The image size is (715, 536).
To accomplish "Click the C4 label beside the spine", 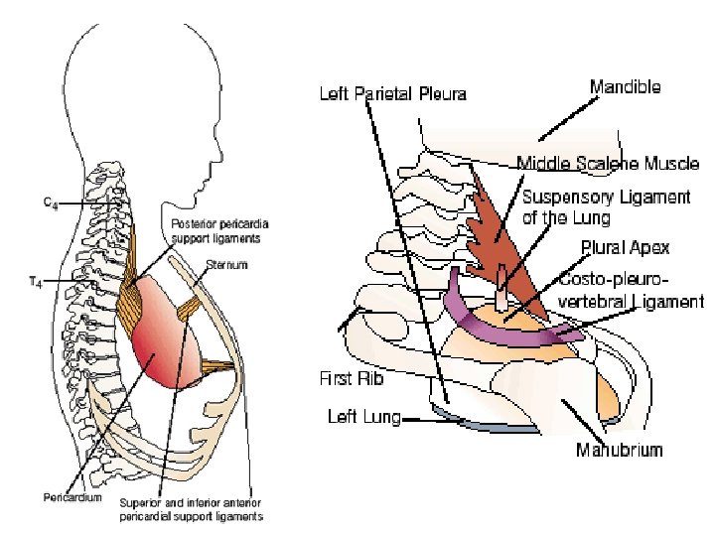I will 49,202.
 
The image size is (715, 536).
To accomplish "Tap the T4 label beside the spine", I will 35,281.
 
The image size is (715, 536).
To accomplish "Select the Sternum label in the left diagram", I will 227,266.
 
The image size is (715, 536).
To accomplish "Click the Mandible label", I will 625,87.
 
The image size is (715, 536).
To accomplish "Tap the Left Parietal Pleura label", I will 392,95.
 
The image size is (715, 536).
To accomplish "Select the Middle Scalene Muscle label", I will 608,163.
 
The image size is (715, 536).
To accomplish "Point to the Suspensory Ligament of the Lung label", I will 606,205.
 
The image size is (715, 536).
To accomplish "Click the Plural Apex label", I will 625,247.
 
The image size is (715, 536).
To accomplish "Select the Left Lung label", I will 363,417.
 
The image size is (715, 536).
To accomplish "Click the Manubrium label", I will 619,450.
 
